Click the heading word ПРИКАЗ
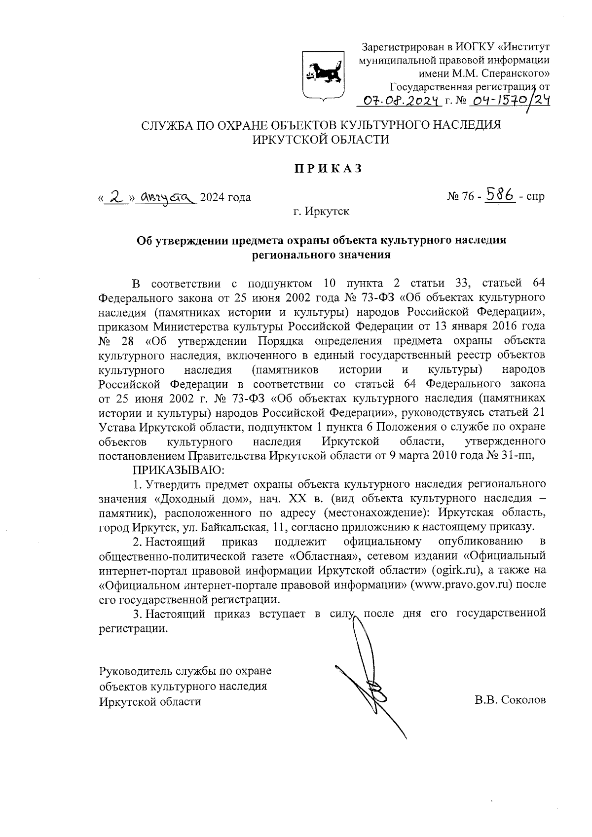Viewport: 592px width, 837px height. (328, 168)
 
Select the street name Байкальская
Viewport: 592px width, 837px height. (232, 527)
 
